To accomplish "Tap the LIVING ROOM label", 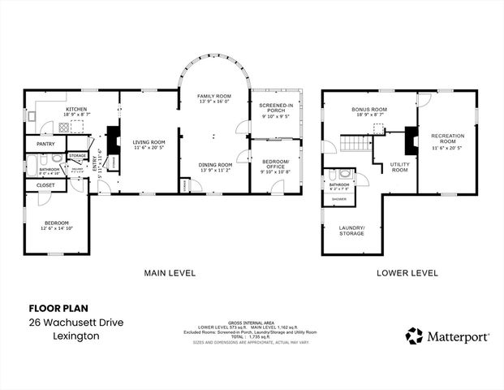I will pyautogui.click(x=149, y=141).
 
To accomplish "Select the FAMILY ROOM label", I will pyautogui.click(x=214, y=96).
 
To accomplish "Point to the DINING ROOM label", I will pyautogui.click(x=214, y=165).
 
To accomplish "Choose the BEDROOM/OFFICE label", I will pyautogui.click(x=276, y=165).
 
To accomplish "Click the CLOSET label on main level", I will pyautogui.click(x=45, y=186).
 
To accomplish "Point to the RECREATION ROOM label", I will pyautogui.click(x=447, y=138).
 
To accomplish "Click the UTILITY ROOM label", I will pyautogui.click(x=399, y=167).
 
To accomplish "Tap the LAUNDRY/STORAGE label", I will pyautogui.click(x=351, y=230).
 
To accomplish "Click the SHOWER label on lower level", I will pyautogui.click(x=338, y=198).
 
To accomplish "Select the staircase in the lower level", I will pyautogui.click(x=355, y=144).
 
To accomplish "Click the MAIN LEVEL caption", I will pyautogui.click(x=170, y=273).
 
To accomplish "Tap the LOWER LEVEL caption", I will pyautogui.click(x=407, y=273).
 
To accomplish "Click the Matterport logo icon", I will pyautogui.click(x=414, y=336).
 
